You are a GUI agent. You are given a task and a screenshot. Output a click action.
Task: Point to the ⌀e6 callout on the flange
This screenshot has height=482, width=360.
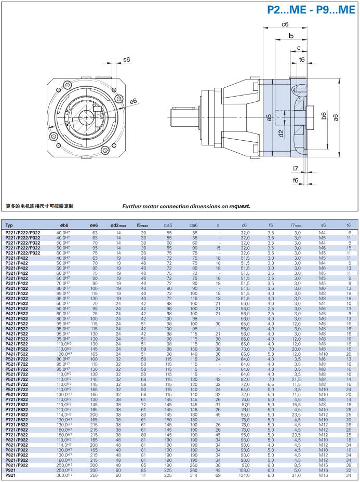click(134, 101)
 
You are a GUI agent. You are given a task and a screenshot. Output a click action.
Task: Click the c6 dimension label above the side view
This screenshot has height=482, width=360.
click(285, 24)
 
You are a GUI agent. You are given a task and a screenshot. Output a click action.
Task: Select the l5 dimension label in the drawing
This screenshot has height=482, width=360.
click(291, 36)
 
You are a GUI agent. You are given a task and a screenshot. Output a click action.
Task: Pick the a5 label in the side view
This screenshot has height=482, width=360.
click(269, 118)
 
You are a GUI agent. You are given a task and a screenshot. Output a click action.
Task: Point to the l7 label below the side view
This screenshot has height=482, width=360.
click(295, 168)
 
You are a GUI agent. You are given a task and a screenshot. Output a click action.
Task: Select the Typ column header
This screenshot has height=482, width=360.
click(9, 225)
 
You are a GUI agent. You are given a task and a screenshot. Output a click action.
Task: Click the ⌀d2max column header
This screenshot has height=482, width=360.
click(118, 225)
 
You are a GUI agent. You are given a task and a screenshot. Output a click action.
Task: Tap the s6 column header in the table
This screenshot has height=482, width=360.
click(323, 225)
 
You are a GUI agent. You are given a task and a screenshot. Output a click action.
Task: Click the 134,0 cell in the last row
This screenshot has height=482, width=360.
click(244, 475)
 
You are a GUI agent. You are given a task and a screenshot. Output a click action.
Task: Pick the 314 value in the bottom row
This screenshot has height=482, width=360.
click(194, 475)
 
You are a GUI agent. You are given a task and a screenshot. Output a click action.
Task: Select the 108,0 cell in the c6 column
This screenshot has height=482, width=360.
click(244, 471)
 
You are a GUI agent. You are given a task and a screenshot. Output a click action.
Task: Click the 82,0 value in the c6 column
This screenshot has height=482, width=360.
click(244, 380)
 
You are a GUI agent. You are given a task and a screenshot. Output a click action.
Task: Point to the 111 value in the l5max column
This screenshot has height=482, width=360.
click(143, 475)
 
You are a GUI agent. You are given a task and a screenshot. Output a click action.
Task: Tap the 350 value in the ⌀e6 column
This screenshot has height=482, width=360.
click(95, 475)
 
